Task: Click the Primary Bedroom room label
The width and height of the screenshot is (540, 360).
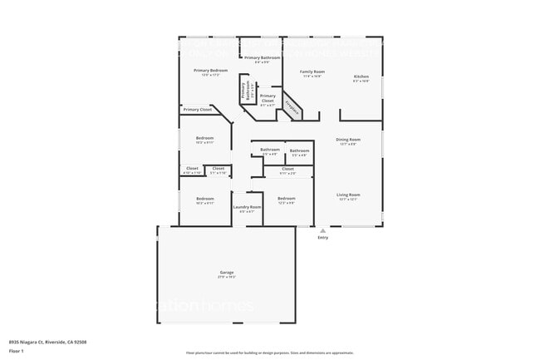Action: point(210,71)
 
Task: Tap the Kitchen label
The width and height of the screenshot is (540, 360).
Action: point(361,76)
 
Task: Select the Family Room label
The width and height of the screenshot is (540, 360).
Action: point(312,72)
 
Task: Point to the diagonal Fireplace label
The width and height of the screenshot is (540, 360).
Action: point(292,107)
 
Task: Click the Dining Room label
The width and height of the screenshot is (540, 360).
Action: point(347,139)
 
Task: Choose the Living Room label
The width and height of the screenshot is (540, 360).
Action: point(347,195)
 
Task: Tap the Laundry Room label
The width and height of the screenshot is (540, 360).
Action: point(247,206)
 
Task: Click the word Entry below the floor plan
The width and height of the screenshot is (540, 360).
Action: point(322,238)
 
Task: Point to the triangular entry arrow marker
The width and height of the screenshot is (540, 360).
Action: point(322,230)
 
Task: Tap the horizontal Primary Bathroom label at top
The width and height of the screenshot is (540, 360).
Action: point(262,57)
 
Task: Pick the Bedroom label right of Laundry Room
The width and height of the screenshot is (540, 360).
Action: point(286,198)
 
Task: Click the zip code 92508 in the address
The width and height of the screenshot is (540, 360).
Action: point(80,341)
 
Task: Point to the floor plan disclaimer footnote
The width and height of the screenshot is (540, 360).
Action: point(270,353)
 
